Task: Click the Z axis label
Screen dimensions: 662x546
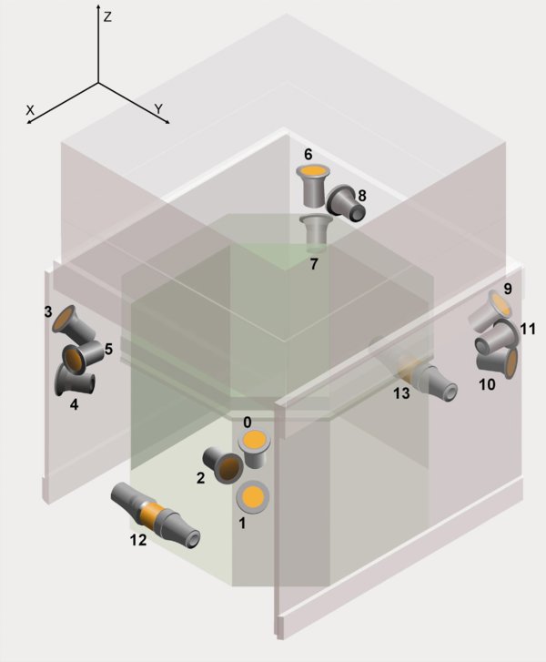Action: [107, 16]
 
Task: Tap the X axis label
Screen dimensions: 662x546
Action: [30, 108]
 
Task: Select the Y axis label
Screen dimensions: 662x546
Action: [158, 108]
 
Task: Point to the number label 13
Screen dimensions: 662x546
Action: [401, 393]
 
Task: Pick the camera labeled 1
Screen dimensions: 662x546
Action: [251, 497]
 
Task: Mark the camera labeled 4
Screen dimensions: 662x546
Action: [71, 377]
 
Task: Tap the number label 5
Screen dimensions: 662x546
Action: [108, 348]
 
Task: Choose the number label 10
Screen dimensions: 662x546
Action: [487, 385]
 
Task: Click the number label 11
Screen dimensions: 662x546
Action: [528, 328]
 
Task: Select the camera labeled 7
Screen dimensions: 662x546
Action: [316, 231]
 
